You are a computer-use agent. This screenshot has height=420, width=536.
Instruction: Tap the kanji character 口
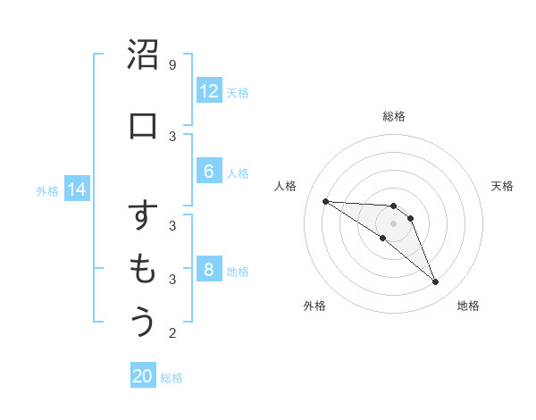pos(143,125)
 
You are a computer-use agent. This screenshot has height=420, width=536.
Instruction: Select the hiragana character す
pos(143,216)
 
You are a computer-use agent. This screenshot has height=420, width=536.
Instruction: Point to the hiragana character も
pos(143,269)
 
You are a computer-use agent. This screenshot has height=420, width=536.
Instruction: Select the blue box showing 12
pos(208,91)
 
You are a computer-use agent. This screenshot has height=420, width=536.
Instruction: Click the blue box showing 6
pos(208,172)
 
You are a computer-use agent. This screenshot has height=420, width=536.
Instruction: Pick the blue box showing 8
pos(208,270)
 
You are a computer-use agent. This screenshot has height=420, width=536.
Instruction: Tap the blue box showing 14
pos(77,189)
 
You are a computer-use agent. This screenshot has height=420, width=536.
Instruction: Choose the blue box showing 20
pos(143,376)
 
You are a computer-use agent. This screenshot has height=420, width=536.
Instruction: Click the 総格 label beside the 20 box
pos(172,378)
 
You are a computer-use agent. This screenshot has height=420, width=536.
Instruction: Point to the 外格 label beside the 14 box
pos(47,190)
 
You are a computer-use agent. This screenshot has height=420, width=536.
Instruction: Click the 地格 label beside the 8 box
pos(238,271)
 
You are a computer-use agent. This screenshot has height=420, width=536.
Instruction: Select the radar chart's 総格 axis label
pos(393,116)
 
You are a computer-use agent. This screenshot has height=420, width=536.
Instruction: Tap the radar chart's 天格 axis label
pos(503,186)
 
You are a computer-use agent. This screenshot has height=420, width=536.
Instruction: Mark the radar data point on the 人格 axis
pos(325,201)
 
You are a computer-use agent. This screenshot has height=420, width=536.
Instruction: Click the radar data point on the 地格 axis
pos(435,282)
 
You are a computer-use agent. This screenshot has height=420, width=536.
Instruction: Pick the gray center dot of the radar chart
pos(393,223)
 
